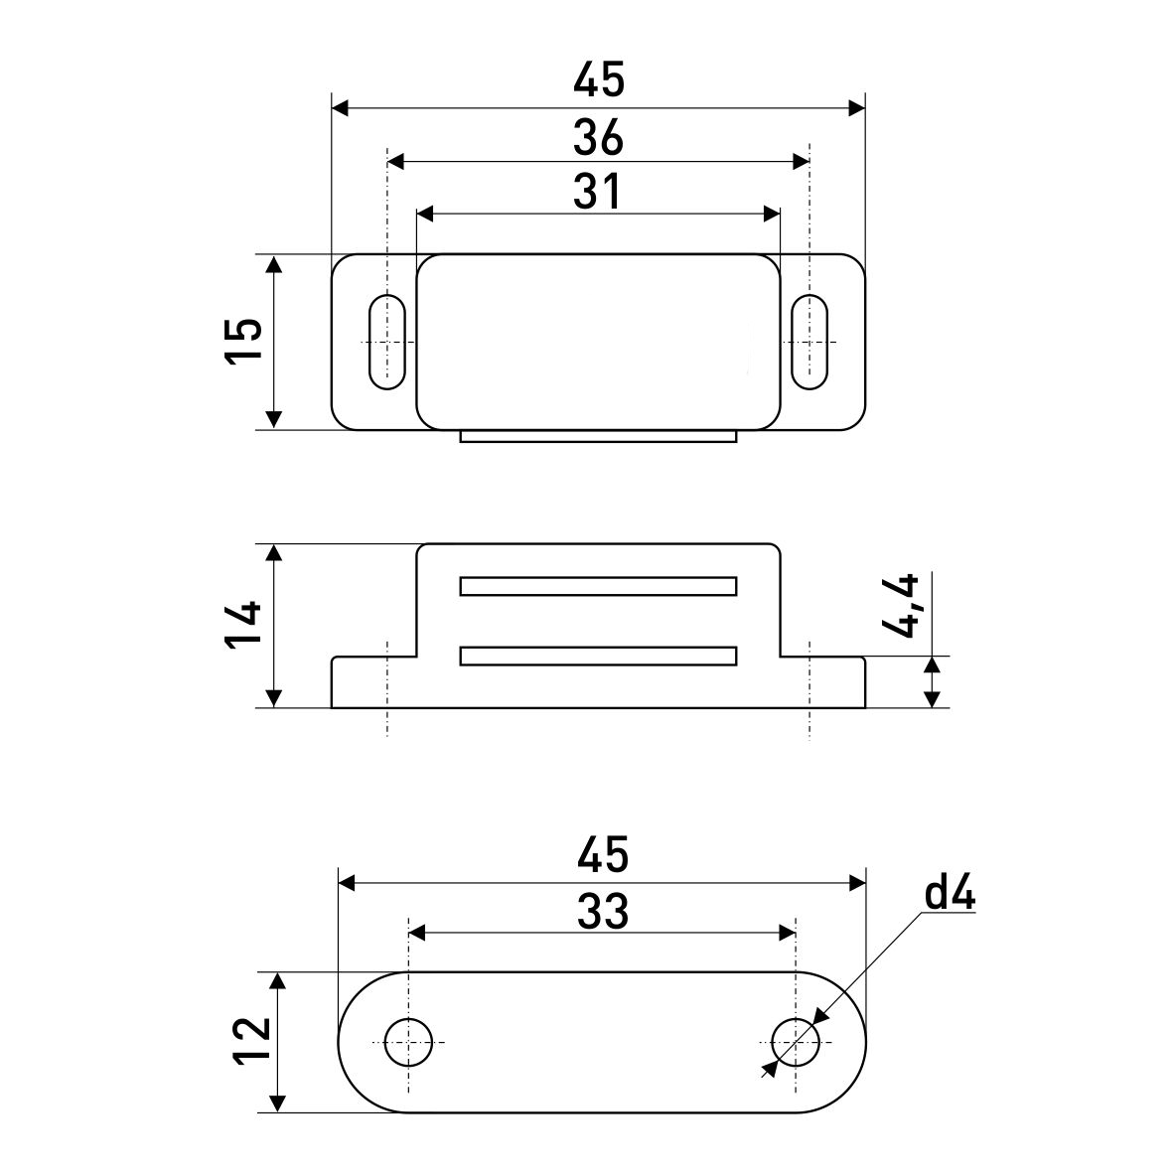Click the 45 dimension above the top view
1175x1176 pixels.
click(598, 80)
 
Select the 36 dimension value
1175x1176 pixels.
click(598, 138)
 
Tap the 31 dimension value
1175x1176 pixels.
click(598, 192)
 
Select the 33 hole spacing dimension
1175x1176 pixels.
click(602, 910)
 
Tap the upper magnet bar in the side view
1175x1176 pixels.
click(598, 586)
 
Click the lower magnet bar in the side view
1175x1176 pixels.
click(598, 656)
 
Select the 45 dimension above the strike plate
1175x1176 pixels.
click(602, 854)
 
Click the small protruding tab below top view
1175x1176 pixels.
click(598, 436)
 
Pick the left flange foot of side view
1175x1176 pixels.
click(372, 682)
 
